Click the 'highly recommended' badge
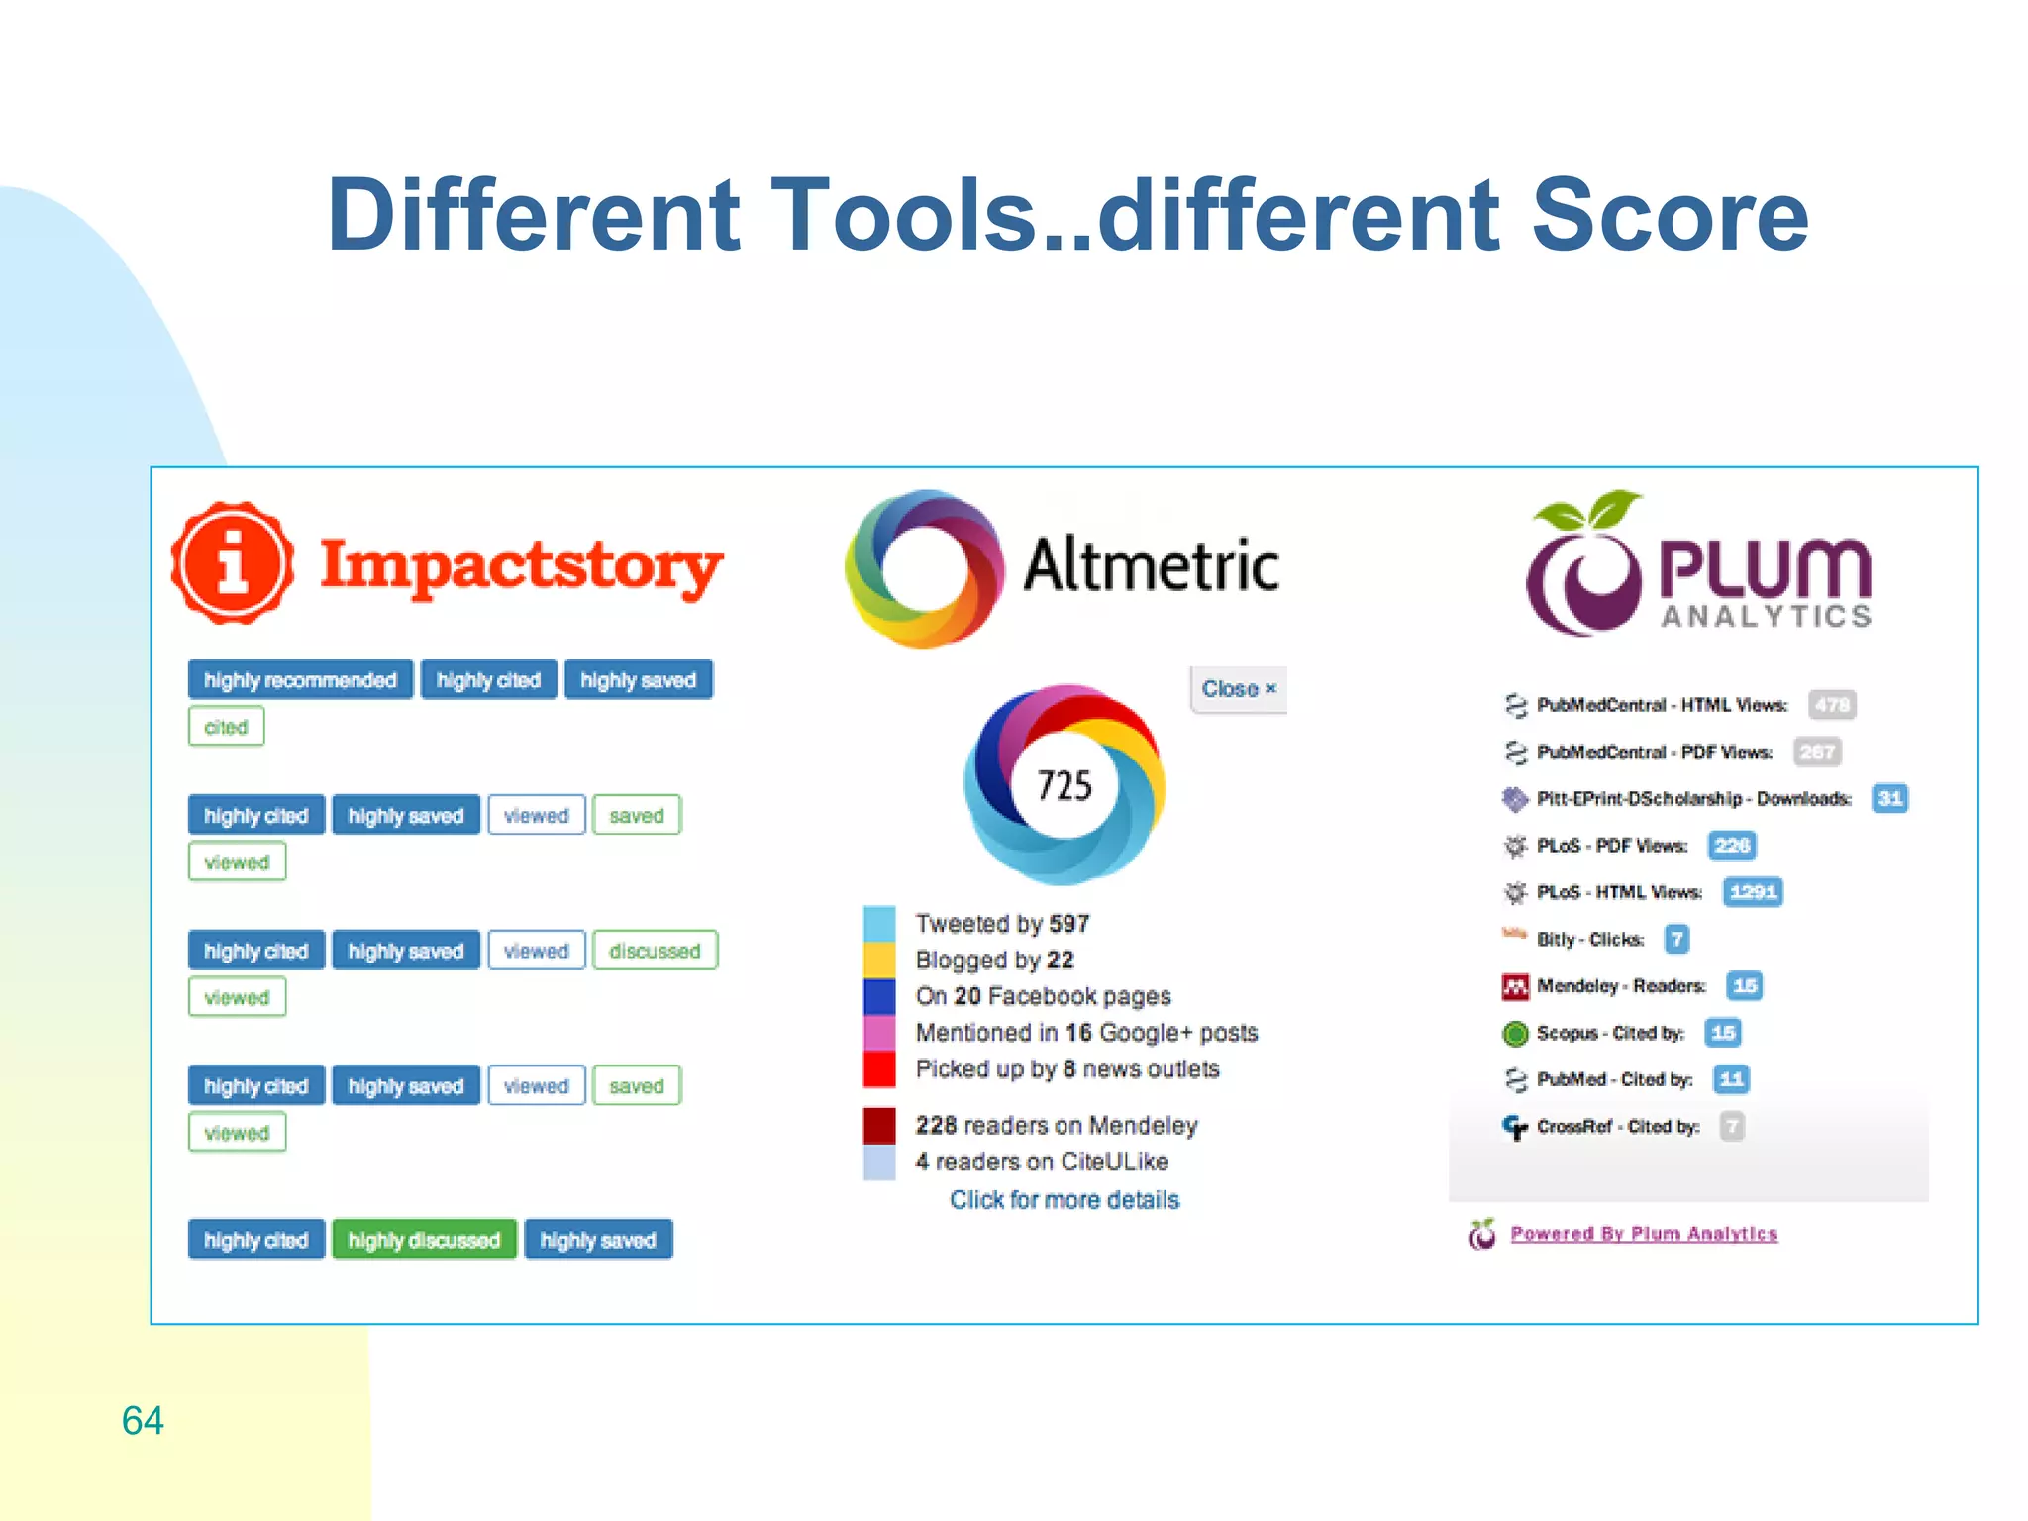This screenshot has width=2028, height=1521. click(x=300, y=680)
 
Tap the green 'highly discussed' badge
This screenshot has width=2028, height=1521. click(x=424, y=1240)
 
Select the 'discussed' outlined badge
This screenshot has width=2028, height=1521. click(x=655, y=951)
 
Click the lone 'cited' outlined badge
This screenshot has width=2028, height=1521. click(x=226, y=727)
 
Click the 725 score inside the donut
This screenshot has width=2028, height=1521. click(x=1065, y=785)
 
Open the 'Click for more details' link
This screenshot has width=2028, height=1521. click(x=1065, y=1200)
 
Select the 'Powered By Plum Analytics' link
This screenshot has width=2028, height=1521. click(x=1644, y=1234)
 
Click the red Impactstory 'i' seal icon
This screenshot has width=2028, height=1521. click(x=233, y=563)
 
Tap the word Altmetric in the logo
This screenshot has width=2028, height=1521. click(x=1151, y=565)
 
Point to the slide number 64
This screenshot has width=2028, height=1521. click(x=143, y=1420)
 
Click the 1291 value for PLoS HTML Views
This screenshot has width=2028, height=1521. click(x=1753, y=892)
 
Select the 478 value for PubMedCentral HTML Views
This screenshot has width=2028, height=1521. click(x=1831, y=705)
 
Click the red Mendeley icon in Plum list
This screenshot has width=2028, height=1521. click(x=1515, y=986)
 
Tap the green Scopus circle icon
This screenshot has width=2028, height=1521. click(x=1515, y=1034)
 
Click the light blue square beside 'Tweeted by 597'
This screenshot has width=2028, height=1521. click(x=879, y=924)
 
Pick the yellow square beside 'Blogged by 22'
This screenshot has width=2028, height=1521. click(x=879, y=960)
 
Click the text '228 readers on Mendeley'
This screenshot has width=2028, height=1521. click(x=1057, y=1126)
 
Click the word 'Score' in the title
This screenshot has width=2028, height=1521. click(x=1670, y=215)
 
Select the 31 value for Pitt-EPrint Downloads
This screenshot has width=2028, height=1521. click(x=1889, y=799)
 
